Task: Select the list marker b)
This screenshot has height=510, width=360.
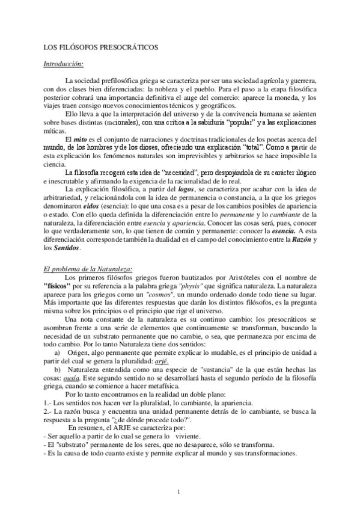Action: point(58,364)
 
